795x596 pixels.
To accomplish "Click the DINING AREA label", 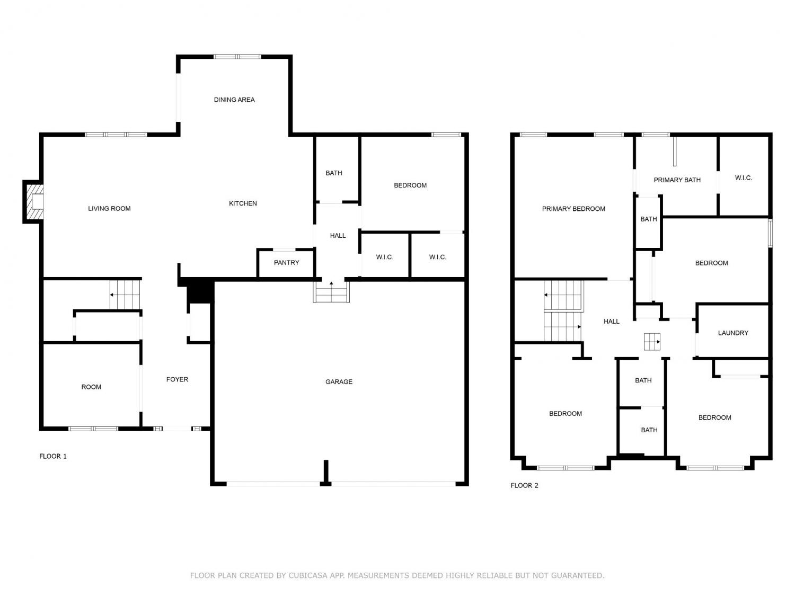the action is point(234,100).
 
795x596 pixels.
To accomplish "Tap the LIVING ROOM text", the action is point(109,208).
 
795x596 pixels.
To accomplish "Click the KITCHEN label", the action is point(243,203).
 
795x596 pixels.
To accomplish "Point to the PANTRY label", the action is point(286,262).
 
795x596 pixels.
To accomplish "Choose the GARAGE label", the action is point(339,381).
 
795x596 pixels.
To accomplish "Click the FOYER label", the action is point(177,379).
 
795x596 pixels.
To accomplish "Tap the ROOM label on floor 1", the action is point(91,387).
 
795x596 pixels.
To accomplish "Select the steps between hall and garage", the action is point(331,292).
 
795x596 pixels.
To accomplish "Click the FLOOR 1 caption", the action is point(53,456).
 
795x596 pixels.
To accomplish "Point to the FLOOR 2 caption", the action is point(524,485).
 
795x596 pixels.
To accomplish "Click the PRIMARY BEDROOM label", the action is point(573,209).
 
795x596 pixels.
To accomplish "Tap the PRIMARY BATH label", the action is point(677,180).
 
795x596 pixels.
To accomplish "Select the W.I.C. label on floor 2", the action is point(743,177).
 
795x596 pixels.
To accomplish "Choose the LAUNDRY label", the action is point(732,333).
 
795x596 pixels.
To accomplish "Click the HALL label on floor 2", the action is point(612,321).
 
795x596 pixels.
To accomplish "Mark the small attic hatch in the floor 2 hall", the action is point(651,342).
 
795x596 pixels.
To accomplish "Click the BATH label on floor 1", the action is point(333,173).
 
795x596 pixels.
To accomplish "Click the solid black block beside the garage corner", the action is point(200,290).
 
